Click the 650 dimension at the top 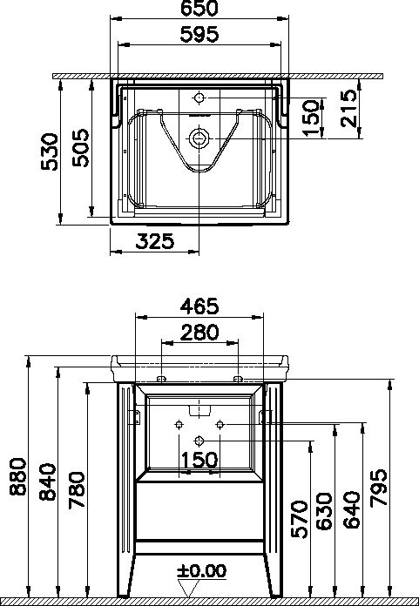199,9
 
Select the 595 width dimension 199,35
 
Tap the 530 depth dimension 51,151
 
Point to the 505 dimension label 81,148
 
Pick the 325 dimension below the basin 154,241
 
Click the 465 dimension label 199,306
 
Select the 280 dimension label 199,333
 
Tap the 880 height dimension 18,476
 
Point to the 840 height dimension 48,482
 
